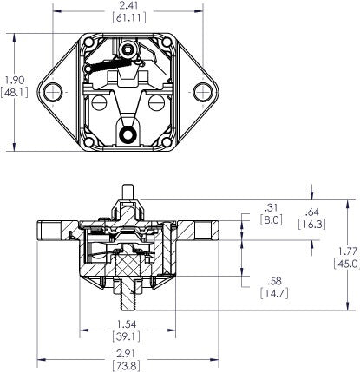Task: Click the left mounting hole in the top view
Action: (58, 91)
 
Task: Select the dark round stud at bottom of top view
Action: (131, 134)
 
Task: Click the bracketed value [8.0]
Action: (270, 222)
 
